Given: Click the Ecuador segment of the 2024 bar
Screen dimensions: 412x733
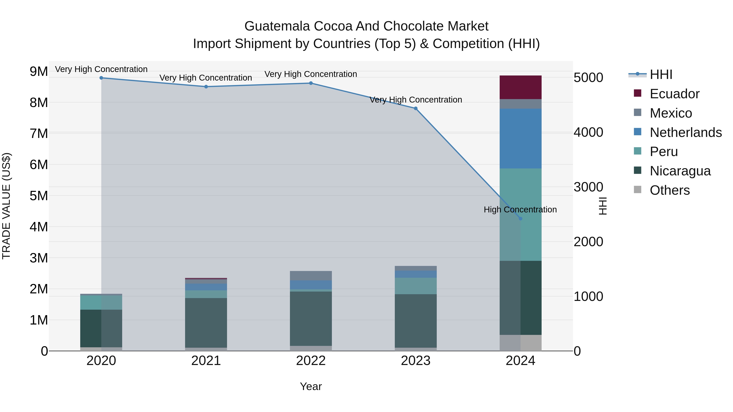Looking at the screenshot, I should click(520, 87).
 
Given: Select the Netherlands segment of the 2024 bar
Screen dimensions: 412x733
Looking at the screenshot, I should click(520, 139).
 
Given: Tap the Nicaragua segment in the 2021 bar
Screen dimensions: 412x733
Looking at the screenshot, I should click(206, 323).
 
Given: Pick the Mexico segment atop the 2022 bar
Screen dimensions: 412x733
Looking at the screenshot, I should click(311, 275).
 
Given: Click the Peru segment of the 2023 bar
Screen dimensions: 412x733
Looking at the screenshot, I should click(415, 286).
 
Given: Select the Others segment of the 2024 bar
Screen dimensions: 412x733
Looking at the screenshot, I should click(520, 343).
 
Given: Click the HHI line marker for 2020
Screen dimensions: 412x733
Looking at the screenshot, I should click(101, 78).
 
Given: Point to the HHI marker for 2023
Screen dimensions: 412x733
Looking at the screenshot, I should click(415, 108).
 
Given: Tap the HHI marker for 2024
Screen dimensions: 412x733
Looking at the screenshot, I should click(520, 218).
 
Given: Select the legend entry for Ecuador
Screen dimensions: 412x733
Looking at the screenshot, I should click(674, 94).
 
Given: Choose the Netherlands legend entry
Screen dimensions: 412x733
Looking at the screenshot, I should click(686, 132).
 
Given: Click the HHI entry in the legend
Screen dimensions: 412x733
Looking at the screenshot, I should click(661, 74).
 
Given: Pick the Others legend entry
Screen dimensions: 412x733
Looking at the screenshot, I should click(669, 190).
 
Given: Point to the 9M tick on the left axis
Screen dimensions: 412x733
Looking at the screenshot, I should click(39, 71).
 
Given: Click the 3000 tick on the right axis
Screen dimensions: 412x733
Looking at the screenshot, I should click(588, 187).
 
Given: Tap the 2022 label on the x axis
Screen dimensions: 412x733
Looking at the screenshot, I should click(311, 361).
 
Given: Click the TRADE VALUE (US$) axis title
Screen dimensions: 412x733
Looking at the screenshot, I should click(6, 206).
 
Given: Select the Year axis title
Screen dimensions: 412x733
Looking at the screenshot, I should click(311, 386).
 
